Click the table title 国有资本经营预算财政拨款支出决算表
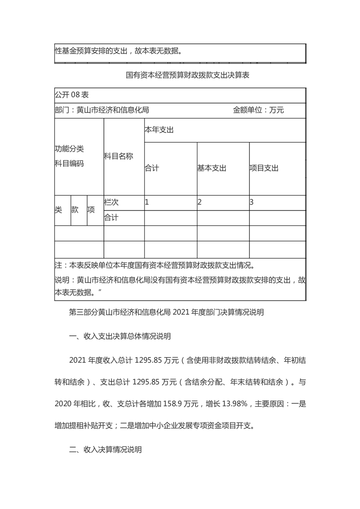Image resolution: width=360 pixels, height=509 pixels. (187, 76)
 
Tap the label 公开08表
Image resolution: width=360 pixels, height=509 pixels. (72, 95)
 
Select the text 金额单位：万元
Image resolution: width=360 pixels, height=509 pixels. (258, 110)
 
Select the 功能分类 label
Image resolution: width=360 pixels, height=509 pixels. (69, 149)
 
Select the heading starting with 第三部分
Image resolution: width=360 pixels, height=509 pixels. (167, 313)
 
